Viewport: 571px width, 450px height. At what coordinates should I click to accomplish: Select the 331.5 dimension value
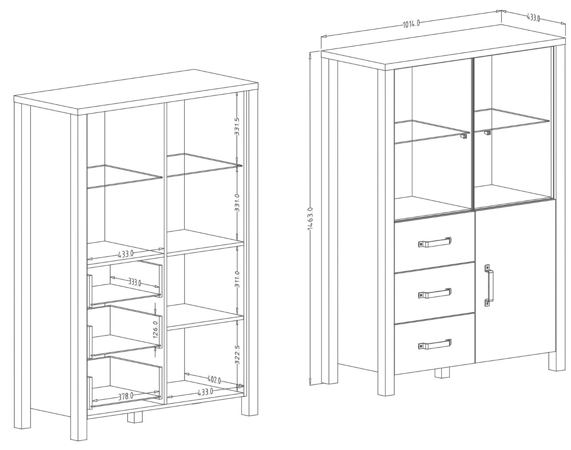coord(237,127)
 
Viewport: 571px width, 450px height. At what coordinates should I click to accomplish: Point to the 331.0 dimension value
coord(237,203)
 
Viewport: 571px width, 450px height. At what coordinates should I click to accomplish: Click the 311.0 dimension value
coord(237,279)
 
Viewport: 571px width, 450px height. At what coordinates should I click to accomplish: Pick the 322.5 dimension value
coord(237,355)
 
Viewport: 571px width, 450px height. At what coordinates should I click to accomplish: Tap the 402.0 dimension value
coord(214,380)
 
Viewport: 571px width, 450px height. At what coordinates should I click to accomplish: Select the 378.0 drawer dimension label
coord(126,397)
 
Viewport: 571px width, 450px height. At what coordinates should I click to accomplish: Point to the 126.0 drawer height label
coord(156,330)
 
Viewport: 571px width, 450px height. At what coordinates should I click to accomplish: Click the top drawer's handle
coord(435,242)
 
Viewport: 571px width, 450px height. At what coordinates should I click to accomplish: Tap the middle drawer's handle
coord(435,293)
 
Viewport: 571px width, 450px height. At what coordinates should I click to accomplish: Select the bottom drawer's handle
coord(435,344)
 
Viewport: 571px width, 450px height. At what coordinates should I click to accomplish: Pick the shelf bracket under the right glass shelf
coord(487,133)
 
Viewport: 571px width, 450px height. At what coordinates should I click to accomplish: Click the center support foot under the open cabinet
coord(135,418)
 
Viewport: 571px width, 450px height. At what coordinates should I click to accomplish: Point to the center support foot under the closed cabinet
coord(442,373)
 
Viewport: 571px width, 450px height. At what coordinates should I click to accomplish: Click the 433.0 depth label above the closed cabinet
coord(533,17)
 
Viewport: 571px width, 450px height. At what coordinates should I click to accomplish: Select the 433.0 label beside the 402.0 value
coord(205,392)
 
